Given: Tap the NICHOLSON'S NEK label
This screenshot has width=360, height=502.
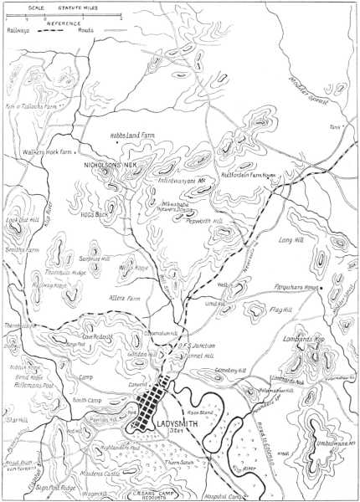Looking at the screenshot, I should [x=110, y=165].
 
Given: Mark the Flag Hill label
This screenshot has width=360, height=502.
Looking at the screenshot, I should [x=281, y=310].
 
